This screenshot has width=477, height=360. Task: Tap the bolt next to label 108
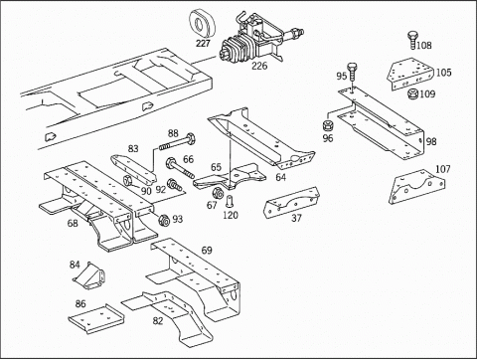pos(412,40)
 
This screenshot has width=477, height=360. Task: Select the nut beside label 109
pos(413,94)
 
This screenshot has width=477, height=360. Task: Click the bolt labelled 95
pos(352,71)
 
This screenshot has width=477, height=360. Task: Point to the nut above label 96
pos(328,126)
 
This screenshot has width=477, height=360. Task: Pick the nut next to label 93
pos(164,220)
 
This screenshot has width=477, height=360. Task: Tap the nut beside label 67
pos(218,193)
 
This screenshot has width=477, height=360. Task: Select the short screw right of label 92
pos(174,185)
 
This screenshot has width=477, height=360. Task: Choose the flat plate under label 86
pos(96,319)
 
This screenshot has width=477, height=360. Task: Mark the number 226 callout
pos(259,66)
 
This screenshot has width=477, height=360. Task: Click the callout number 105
pos(443,73)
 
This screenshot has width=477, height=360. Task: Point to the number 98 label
pos(431,142)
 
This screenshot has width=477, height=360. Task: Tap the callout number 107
pos(443,169)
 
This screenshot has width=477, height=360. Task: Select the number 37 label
pos(296,218)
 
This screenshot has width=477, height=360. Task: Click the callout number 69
pos(207,251)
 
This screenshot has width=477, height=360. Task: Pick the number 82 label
pos(158,321)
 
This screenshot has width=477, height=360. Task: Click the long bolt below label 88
pos(176,141)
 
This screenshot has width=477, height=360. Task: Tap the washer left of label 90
pos(128,181)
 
